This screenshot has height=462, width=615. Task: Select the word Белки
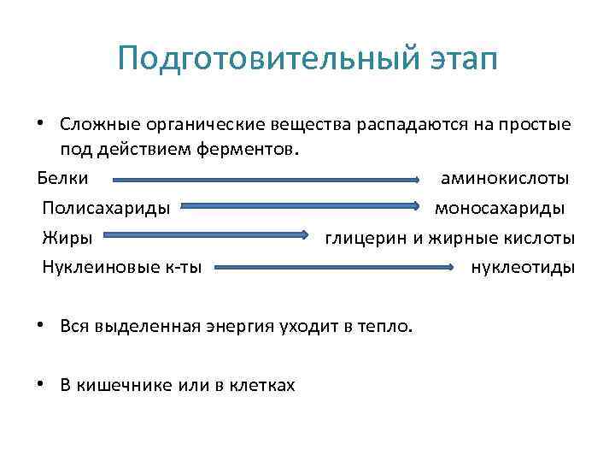[61, 179]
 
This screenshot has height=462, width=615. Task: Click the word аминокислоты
[506, 179]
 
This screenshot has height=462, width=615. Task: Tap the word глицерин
[366, 237]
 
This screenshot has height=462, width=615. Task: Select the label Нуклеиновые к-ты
[122, 266]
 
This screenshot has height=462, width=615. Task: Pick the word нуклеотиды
[523, 266]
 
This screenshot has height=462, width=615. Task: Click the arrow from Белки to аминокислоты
[265, 180]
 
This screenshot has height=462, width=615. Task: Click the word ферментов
[255, 151]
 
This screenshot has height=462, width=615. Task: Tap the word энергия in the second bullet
[240, 326]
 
